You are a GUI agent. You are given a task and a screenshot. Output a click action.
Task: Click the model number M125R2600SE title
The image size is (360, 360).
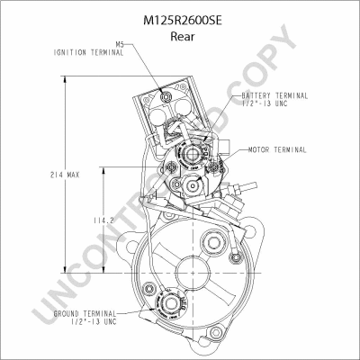pos(183,21)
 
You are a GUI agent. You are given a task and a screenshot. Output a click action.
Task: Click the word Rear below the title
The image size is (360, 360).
pos(183,36)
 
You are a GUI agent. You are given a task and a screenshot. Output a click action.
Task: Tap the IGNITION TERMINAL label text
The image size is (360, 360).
pos(89,52)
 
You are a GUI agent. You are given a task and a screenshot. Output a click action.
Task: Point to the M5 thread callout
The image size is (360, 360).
pos(120,44)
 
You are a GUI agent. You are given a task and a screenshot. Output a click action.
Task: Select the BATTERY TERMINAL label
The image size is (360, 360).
pos(274,95)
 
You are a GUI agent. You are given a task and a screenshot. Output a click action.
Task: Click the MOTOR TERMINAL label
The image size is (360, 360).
pos(277,149)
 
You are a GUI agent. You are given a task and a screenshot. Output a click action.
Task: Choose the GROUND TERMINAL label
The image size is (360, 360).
pos(85,314)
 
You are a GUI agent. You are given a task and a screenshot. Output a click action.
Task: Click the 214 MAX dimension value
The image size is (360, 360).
pos(65,175)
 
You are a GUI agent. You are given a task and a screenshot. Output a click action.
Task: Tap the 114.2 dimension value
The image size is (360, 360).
pos(103,220)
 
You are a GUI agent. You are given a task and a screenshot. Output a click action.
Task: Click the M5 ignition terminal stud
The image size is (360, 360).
pos(166,96)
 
